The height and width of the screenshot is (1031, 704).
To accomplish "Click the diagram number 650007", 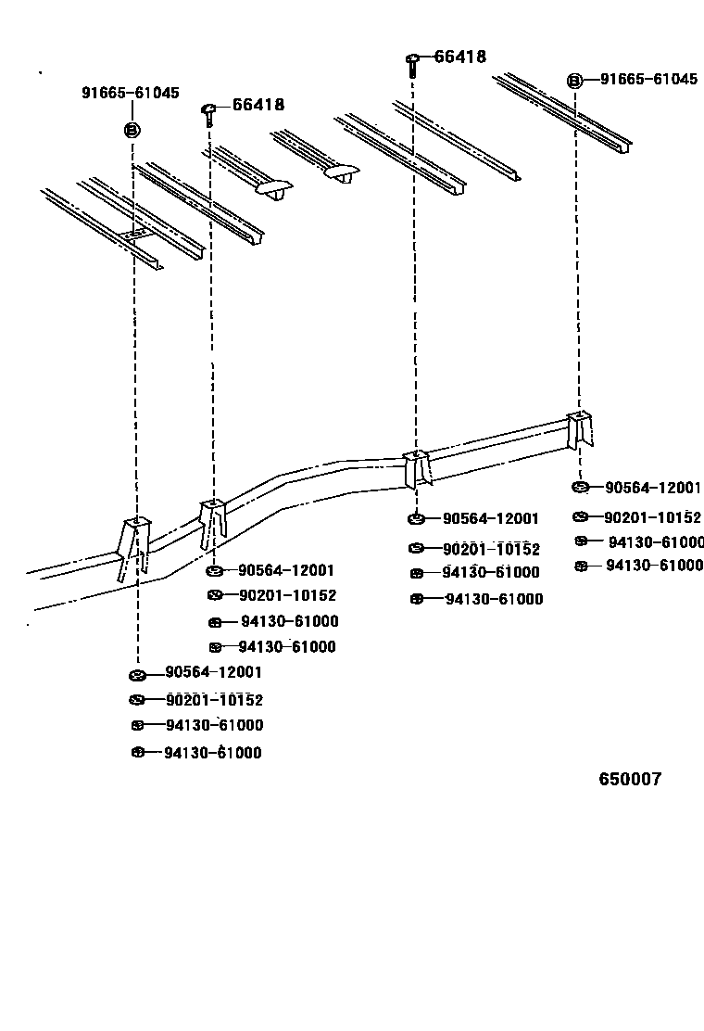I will [630, 780].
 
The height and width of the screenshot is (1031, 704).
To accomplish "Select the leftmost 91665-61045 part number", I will [130, 93].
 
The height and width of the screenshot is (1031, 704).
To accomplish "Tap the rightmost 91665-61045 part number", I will [647, 80].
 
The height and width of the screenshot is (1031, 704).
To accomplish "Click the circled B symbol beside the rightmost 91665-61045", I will [574, 81].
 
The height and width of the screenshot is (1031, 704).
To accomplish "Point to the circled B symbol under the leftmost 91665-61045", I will [131, 129].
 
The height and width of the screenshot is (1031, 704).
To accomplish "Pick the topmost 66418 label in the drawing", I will [460, 57].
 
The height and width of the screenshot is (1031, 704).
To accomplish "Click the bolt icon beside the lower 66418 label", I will [208, 111].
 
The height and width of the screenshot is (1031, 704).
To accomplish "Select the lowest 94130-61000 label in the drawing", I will [212, 753].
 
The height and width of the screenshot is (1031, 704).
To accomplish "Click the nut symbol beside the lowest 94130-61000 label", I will [137, 752].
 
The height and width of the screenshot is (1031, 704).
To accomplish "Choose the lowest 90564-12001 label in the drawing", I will [213, 672].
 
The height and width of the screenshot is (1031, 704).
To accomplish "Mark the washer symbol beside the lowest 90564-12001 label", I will [137, 673].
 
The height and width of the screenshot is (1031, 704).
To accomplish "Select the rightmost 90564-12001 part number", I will [652, 488].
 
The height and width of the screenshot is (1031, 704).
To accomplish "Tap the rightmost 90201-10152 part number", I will [652, 517].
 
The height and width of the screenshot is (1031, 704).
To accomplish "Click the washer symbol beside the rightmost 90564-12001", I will [580, 488].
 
